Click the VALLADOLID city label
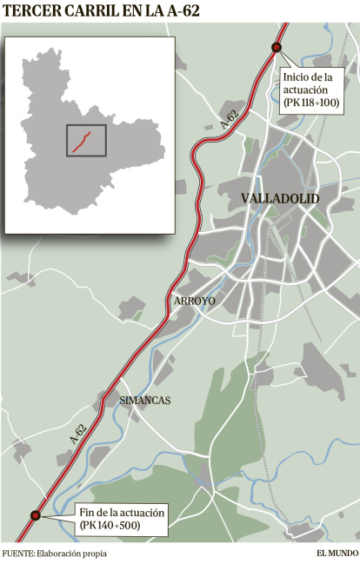coord(279,199)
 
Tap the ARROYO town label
coord(195,301)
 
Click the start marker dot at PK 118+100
coord(277,48)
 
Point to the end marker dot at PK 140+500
coord(36,515)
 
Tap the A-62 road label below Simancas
coord(77,435)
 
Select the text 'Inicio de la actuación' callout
coord(307,83)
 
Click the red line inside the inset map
coord(81,141)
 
